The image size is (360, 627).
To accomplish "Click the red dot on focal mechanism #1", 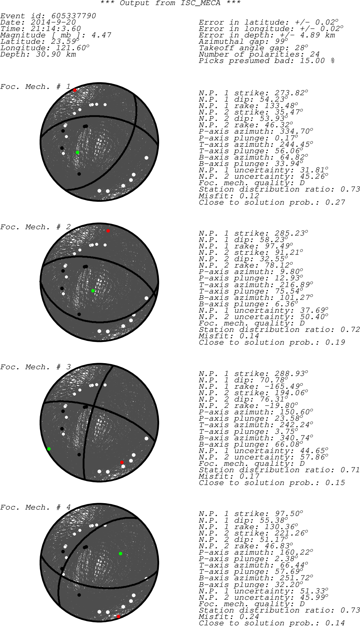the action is (x=75, y=90).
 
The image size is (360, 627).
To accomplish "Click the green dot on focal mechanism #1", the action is (x=77, y=152).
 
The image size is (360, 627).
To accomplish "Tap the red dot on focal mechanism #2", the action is (x=108, y=231).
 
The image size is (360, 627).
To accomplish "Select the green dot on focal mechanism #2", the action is (x=93, y=291).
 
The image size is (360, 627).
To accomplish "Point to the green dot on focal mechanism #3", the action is (x=49, y=449).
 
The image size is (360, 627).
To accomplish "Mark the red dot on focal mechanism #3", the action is (x=122, y=462).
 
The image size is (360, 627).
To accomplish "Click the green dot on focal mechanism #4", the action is (x=120, y=553).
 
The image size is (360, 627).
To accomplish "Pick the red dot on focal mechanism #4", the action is (x=118, y=617).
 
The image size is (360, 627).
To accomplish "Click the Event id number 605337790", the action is (x=73, y=16).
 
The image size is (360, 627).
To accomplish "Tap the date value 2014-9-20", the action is (x=53, y=23).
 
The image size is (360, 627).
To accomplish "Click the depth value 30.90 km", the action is (x=56, y=55).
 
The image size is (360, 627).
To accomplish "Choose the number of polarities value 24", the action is (x=315, y=55).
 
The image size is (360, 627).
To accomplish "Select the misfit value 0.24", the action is (x=249, y=617).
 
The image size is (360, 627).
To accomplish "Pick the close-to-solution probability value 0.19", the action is (x=335, y=343).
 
